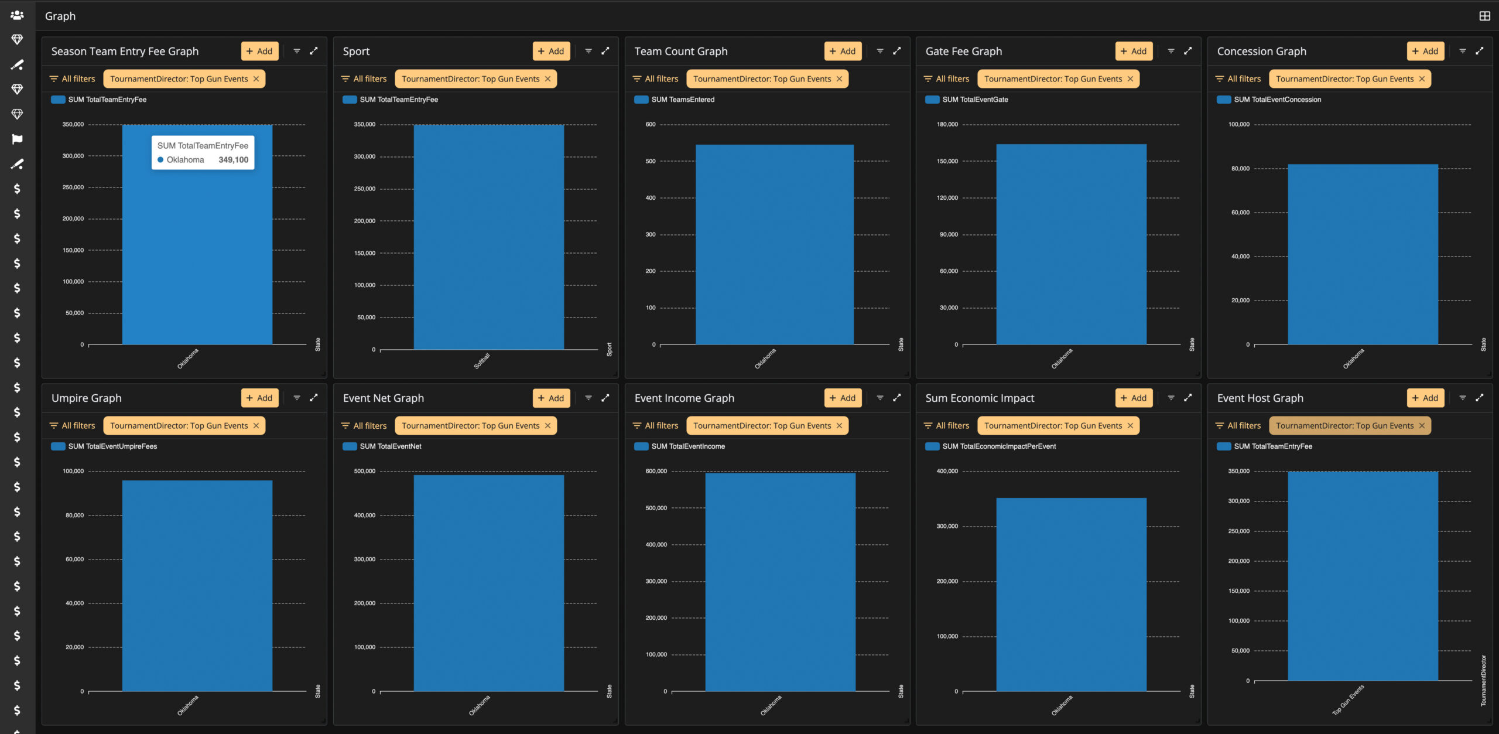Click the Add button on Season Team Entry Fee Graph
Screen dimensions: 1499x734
point(259,51)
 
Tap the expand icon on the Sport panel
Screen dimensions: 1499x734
point(605,51)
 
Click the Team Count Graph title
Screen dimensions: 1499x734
point(681,51)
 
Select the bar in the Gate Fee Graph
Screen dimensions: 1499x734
point(1071,244)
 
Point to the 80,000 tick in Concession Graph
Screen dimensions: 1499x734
point(1240,169)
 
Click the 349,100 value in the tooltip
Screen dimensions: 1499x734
point(234,160)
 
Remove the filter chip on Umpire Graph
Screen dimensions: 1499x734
point(256,426)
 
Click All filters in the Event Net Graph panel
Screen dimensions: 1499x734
point(364,426)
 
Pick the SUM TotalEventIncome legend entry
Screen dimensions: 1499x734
point(680,446)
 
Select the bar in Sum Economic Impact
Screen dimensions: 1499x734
point(1071,595)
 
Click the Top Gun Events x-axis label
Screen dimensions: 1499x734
point(1348,699)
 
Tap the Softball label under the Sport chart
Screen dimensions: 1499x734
point(482,361)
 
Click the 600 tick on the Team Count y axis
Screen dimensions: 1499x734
point(651,124)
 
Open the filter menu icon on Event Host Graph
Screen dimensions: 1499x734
point(1463,398)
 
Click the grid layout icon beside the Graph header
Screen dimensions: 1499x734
point(1484,16)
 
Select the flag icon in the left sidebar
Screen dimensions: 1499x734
point(17,139)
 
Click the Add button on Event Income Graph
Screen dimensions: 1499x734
point(843,398)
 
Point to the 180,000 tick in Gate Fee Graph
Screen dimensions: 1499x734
point(947,124)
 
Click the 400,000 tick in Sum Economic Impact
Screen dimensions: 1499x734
point(947,471)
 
